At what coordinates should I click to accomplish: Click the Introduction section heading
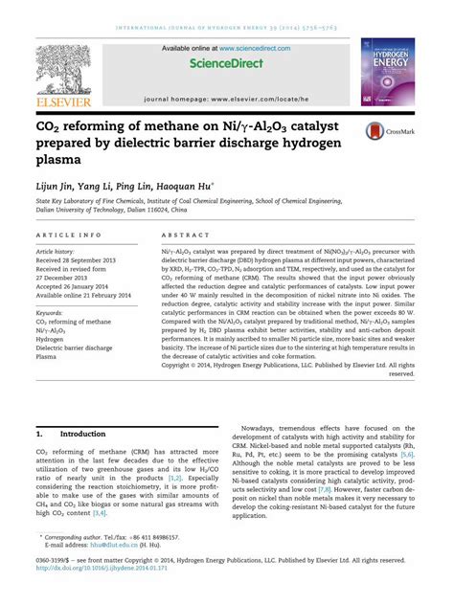(x=82, y=434)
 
